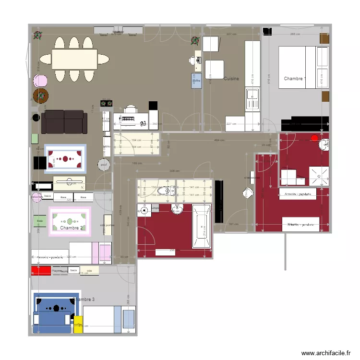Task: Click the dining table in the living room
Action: click(x=74, y=59)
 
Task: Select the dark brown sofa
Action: click(x=64, y=122)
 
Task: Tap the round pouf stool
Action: click(x=103, y=165)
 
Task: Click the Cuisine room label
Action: click(x=231, y=78)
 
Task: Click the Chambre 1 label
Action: click(x=294, y=78)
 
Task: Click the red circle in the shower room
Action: click(x=314, y=138)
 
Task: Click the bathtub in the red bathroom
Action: click(x=201, y=226)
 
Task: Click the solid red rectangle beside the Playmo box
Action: click(x=41, y=271)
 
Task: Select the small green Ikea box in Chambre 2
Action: click(x=39, y=221)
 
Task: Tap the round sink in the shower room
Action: click(x=325, y=144)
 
